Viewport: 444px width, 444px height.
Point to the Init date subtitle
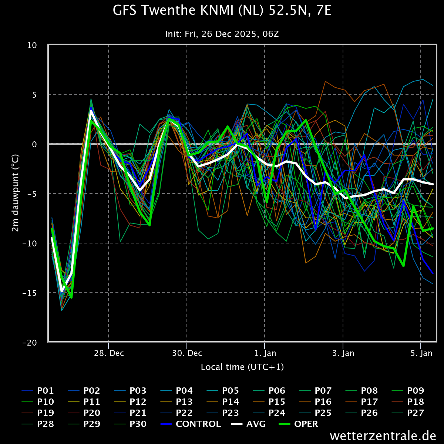(222, 34)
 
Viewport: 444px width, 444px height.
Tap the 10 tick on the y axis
(32, 46)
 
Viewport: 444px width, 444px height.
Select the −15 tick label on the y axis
(30, 293)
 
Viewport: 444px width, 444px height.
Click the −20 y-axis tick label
(30, 343)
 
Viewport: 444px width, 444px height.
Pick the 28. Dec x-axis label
(109, 353)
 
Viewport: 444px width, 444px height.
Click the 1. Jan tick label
(265, 353)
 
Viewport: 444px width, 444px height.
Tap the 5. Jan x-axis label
(421, 353)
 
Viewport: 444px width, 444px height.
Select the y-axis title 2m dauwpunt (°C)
(16, 193)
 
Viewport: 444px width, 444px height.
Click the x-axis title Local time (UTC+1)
(242, 367)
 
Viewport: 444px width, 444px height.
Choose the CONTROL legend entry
(191, 424)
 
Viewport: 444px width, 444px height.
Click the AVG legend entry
(248, 424)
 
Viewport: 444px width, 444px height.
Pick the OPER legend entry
(298, 424)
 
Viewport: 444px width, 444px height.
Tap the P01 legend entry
(38, 391)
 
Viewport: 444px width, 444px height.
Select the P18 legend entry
(408, 401)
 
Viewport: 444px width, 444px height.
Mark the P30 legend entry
(130, 424)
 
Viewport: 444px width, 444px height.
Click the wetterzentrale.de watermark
(383, 436)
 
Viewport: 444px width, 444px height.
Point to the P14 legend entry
(223, 401)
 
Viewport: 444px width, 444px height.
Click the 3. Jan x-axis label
(343, 353)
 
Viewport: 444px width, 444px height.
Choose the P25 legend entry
(315, 413)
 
